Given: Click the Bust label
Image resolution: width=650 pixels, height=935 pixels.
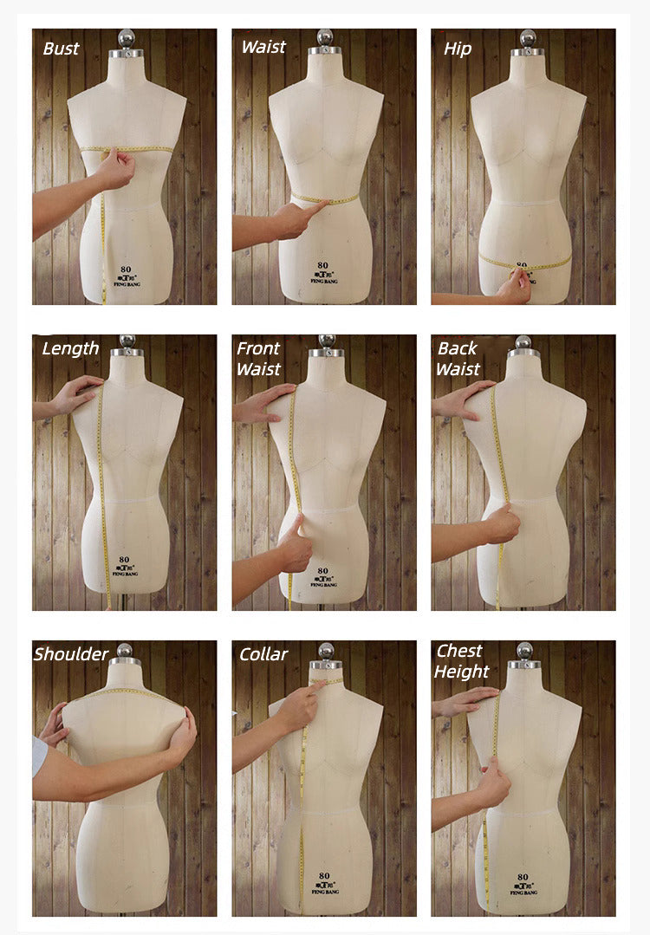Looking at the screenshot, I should pos(61,49).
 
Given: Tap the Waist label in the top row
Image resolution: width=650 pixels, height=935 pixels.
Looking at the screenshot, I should pos(263,47).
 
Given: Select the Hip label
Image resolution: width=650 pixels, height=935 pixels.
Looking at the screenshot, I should pos(458,49).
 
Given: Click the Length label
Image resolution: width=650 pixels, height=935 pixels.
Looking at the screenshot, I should pos(70,348).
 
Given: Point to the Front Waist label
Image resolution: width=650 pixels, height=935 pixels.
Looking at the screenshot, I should pos(258,358).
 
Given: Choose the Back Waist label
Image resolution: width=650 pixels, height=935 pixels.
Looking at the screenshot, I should pos(458,358).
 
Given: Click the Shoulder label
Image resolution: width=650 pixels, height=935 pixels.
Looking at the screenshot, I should pos(71,654).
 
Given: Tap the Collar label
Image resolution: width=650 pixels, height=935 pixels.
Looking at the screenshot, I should pos(263,654).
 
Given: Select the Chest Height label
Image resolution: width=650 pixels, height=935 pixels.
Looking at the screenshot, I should pos(462,660).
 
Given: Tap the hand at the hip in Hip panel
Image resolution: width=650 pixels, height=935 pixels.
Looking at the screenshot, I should pos(515,284).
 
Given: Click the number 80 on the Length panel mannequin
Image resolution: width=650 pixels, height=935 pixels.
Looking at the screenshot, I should pos(125,560).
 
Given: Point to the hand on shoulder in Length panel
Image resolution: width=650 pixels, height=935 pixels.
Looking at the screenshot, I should pos(77,395).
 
